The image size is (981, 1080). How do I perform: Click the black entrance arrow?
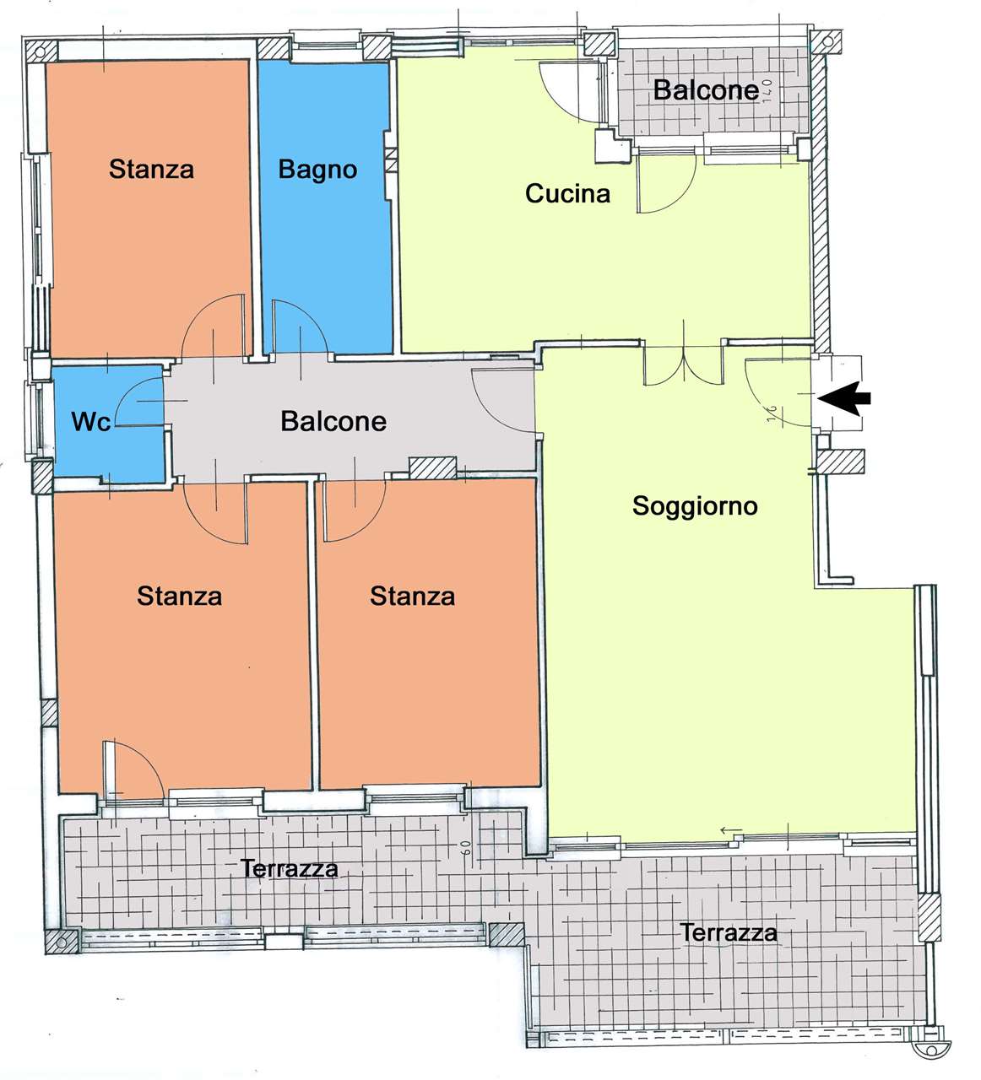point(843,398)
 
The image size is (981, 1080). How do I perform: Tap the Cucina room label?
point(567,194)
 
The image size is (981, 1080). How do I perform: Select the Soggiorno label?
point(695,506)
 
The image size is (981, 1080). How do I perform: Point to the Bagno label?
point(317,170)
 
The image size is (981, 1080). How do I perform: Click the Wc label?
point(91,422)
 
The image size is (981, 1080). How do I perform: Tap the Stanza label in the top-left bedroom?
point(151,169)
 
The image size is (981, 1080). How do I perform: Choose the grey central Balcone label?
point(333,421)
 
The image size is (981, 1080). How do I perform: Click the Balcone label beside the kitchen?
point(706,90)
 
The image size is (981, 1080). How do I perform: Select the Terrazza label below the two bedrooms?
point(290,868)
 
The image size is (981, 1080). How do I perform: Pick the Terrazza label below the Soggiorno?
point(729,933)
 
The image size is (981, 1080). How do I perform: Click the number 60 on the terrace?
point(467,848)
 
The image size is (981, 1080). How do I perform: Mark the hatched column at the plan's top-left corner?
point(41,52)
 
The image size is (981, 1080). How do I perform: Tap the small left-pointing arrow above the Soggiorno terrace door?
point(731,830)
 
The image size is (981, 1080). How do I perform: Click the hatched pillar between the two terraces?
point(506,934)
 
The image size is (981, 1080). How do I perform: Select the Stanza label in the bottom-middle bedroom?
point(412,596)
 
